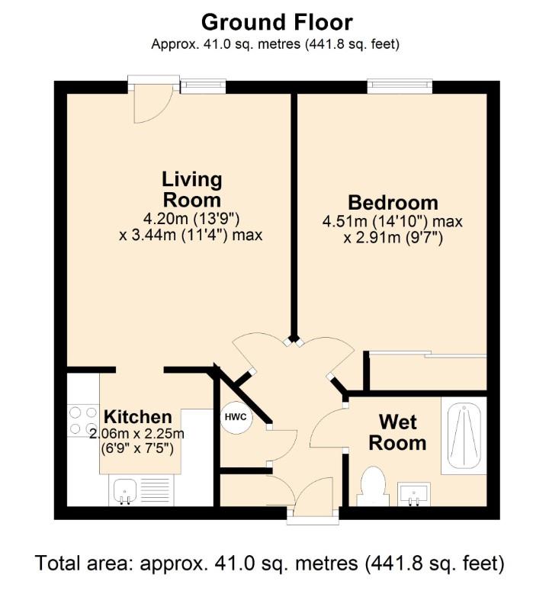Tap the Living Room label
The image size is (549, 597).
(x=191, y=190)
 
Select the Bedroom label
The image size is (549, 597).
(x=393, y=203)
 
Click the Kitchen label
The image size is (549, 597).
(x=137, y=417)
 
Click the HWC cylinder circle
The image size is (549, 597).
(x=235, y=418)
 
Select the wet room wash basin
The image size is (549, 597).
(x=414, y=494)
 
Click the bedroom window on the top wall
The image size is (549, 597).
(x=400, y=85)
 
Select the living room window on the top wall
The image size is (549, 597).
(x=203, y=86)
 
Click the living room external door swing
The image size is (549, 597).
(x=151, y=104)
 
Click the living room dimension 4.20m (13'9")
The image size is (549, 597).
(x=191, y=218)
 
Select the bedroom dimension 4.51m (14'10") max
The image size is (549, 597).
(x=393, y=222)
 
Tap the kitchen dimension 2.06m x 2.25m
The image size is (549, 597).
(x=137, y=434)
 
